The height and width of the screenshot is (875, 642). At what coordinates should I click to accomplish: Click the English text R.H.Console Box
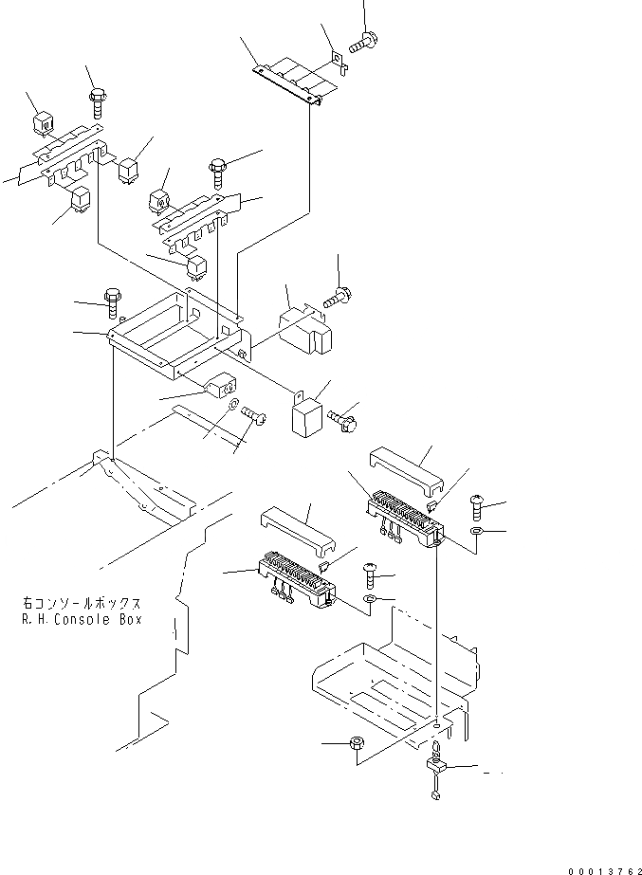83,619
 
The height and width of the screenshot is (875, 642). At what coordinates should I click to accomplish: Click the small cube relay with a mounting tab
305,415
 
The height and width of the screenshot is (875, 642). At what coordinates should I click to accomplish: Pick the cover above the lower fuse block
297,532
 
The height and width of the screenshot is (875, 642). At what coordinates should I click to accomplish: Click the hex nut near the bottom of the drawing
359,746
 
